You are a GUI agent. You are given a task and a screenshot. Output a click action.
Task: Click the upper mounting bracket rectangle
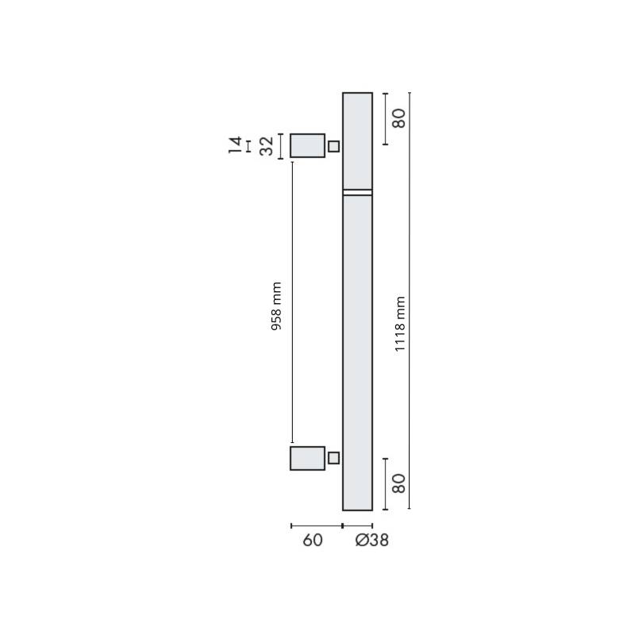(307, 145)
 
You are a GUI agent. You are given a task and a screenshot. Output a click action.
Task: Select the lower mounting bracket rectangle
(307, 458)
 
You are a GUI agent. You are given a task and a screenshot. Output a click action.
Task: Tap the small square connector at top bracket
(333, 146)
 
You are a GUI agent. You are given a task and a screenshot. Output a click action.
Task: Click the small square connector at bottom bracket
(333, 458)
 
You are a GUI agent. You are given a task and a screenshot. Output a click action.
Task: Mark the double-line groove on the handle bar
(357, 192)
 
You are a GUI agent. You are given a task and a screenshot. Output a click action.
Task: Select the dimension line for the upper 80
(385, 119)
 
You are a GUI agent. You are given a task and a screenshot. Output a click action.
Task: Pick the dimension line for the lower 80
(385, 483)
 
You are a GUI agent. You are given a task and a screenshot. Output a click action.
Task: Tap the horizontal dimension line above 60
(316, 525)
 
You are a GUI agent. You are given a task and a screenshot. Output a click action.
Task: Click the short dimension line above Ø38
(357, 525)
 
